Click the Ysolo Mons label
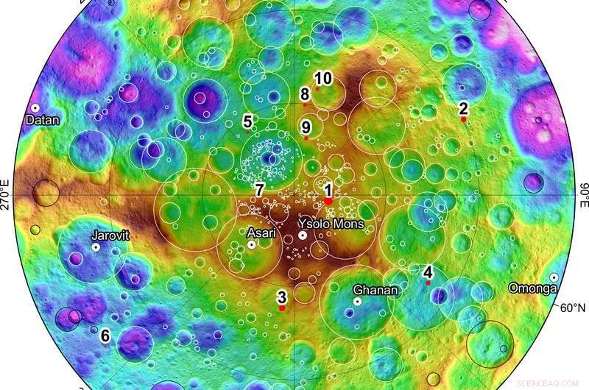pyautogui.click(x=331, y=223)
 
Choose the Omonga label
pyautogui.click(x=532, y=288)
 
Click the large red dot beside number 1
pyautogui.click(x=328, y=200)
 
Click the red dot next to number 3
pyautogui.click(x=281, y=308)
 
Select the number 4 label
pyautogui.click(x=428, y=271)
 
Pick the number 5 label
pyautogui.click(x=248, y=121)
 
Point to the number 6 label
pyautogui.click(x=105, y=336)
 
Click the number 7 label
pyautogui.click(x=259, y=190)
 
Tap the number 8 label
pyautogui.click(x=305, y=93)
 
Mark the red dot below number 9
pyautogui.click(x=306, y=138)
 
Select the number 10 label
pyautogui.click(x=323, y=79)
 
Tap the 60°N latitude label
pyautogui.click(x=573, y=308)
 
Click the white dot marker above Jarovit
pyautogui.click(x=96, y=249)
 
